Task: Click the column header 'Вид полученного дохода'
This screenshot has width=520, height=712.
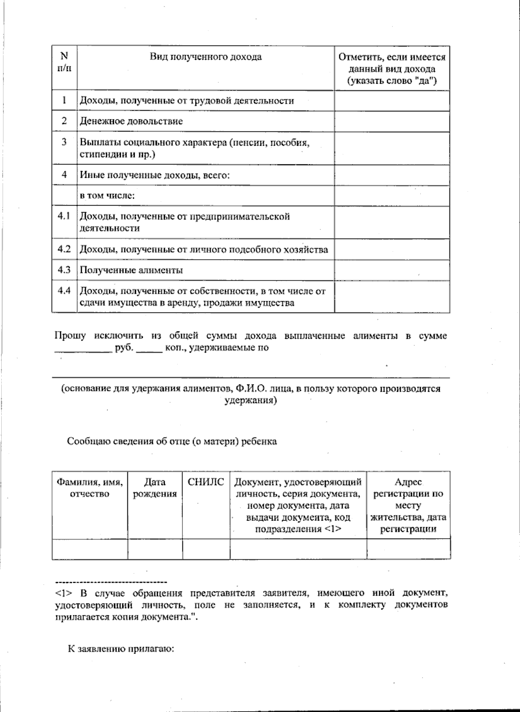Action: pos(205,57)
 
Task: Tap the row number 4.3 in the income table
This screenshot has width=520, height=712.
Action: pos(64,270)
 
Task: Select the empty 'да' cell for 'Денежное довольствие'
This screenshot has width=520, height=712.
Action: pos(392,121)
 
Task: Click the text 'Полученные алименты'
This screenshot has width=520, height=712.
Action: pos(131,270)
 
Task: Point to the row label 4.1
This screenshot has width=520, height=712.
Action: pos(64,216)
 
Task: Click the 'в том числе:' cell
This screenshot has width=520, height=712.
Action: pos(107,196)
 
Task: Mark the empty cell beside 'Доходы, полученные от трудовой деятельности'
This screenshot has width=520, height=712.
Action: pos(392,101)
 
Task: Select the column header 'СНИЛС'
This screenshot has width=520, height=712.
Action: pos(206,482)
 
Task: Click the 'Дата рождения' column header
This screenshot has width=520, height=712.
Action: pos(155,488)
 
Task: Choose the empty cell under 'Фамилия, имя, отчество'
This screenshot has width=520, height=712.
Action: pos(90,549)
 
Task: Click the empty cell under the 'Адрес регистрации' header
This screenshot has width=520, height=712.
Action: pos(408,549)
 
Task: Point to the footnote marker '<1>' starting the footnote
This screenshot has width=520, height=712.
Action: pos(63,593)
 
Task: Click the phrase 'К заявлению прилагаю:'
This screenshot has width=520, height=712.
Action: pos(121,649)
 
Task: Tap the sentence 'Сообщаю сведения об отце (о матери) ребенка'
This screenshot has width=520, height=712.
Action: pos(172,441)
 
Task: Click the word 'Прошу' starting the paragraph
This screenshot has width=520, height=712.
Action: pos(70,336)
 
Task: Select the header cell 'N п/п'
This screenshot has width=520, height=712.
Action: pos(64,62)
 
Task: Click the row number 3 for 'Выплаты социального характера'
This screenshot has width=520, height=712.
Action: pos(64,142)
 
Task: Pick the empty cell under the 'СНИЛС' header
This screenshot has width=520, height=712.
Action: pos(206,549)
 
